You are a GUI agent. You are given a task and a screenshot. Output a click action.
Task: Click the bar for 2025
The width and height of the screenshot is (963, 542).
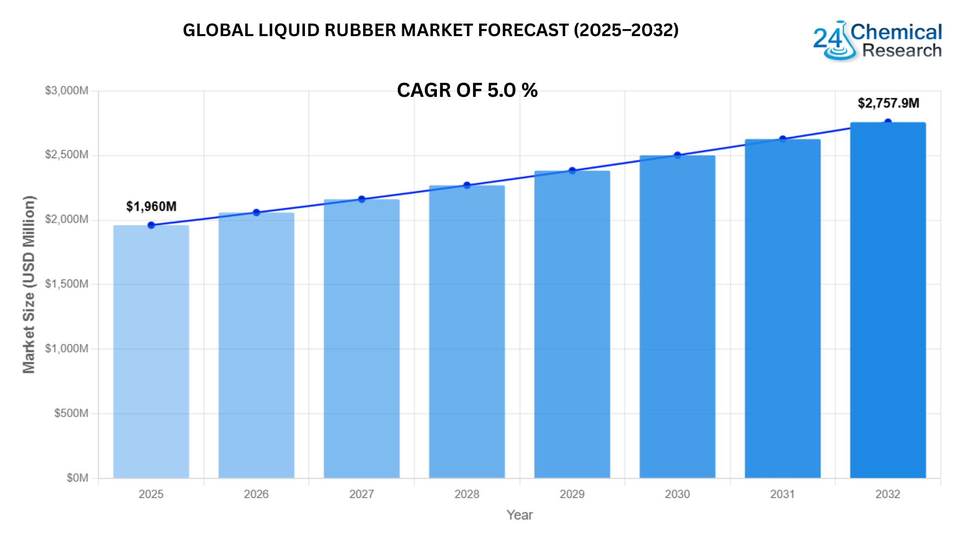click(x=151, y=351)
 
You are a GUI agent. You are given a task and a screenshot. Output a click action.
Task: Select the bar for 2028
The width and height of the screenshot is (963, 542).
click(x=467, y=331)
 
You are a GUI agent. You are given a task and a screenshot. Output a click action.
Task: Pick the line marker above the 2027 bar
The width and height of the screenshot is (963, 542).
click(x=362, y=199)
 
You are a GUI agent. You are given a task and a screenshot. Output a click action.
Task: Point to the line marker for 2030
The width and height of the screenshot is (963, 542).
click(x=678, y=155)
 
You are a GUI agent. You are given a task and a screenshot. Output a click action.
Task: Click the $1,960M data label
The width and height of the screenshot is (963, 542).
click(x=151, y=206)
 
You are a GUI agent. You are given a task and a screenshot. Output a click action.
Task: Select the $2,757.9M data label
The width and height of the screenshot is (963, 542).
click(x=888, y=103)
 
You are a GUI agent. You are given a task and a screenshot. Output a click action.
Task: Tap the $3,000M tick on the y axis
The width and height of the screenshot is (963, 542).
click(x=67, y=91)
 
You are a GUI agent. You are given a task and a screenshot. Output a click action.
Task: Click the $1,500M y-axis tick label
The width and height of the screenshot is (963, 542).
click(x=67, y=284)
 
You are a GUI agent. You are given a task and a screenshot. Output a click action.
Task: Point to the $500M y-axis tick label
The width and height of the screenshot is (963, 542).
click(x=71, y=413)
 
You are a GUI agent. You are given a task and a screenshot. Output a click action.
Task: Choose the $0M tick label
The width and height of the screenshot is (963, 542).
click(x=77, y=478)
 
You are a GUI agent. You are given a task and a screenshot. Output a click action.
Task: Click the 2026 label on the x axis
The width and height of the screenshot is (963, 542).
click(x=256, y=494)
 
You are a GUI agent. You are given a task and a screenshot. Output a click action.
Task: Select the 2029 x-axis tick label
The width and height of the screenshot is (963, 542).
click(x=572, y=494)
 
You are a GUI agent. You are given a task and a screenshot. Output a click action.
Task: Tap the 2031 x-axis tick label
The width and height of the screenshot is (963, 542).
click(x=782, y=494)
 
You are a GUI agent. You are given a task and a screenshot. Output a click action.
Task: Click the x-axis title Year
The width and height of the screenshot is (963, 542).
click(x=520, y=515)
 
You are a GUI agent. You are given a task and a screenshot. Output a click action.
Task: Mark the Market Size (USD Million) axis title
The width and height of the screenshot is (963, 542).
click(x=29, y=284)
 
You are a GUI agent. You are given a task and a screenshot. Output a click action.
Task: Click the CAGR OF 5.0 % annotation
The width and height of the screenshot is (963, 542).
click(x=467, y=90)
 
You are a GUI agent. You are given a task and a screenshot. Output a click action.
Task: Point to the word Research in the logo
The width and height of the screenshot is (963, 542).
click(x=902, y=51)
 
